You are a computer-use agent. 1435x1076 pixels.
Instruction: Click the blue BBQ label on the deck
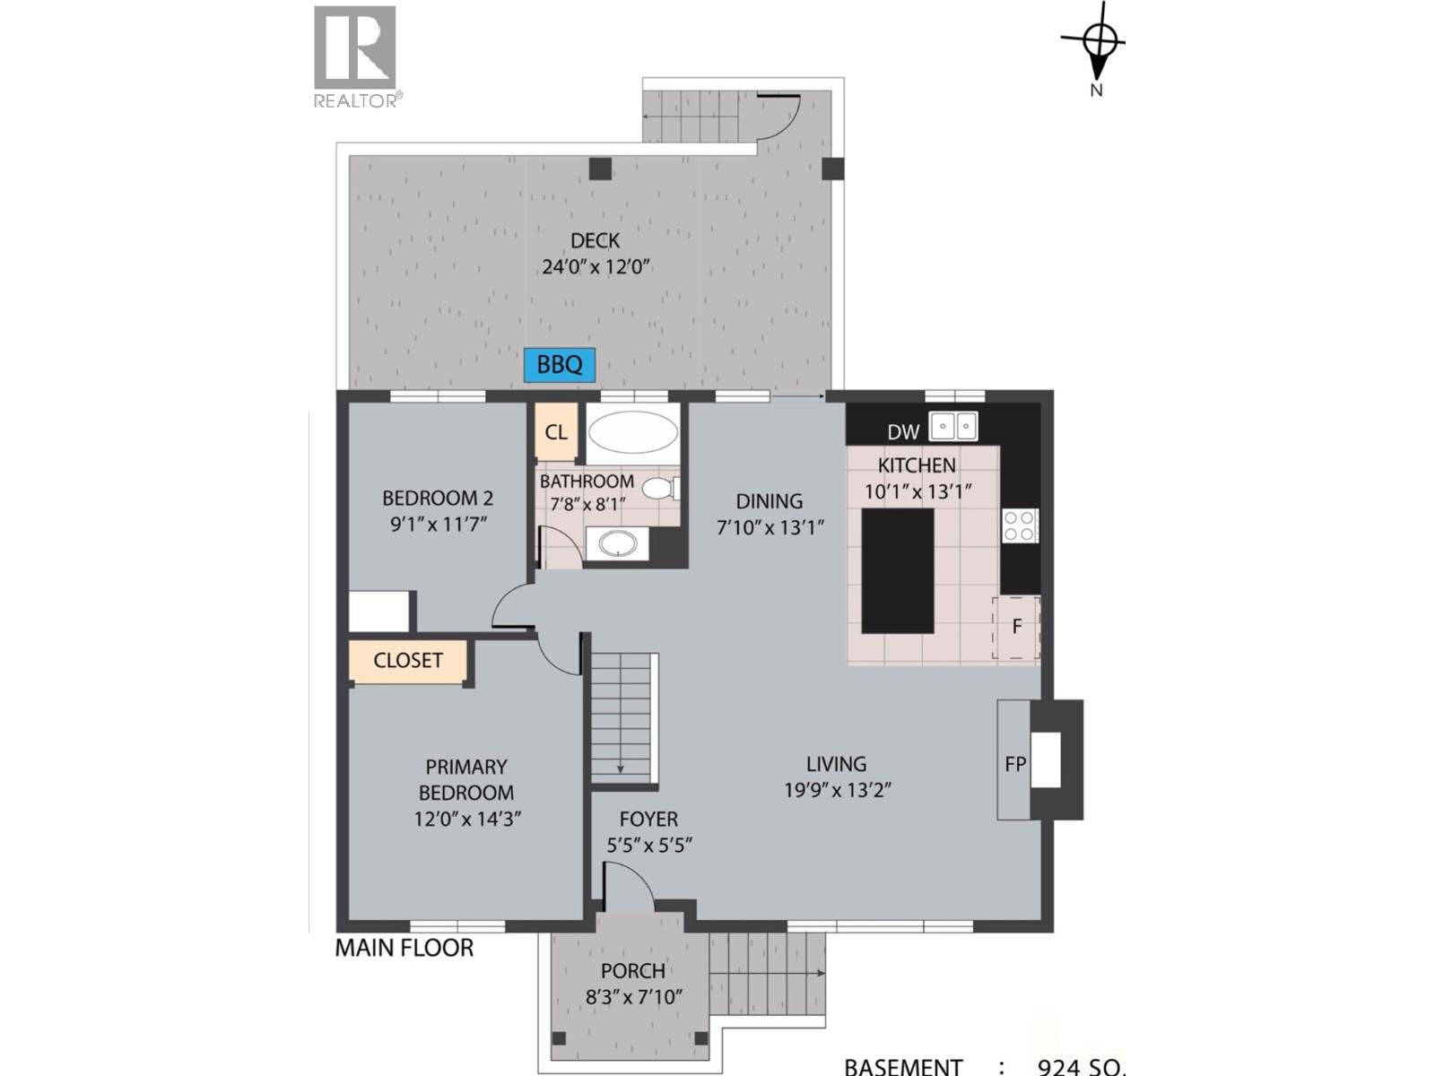560,365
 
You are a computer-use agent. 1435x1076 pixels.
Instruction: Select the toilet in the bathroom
661,489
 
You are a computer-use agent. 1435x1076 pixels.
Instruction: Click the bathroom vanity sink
618,543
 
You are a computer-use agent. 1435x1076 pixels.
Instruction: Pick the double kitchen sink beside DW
952,426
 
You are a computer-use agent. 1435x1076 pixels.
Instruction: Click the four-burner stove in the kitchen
1020,525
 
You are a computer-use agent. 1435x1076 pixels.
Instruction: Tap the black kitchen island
898,571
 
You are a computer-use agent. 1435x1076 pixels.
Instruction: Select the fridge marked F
1016,627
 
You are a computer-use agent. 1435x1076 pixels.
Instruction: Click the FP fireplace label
1014,764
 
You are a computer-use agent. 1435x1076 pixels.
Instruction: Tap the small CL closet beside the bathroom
556,432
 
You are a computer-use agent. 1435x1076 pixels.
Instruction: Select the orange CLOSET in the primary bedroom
408,661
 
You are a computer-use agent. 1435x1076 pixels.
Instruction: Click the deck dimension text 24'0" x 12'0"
595,267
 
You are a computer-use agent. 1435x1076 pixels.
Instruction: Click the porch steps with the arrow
767,973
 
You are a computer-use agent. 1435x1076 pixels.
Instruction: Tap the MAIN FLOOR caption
404,948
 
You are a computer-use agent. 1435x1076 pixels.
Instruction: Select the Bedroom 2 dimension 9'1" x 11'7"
438,524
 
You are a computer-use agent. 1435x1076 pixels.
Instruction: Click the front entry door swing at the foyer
628,888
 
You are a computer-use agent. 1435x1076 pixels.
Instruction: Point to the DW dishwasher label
902,432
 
